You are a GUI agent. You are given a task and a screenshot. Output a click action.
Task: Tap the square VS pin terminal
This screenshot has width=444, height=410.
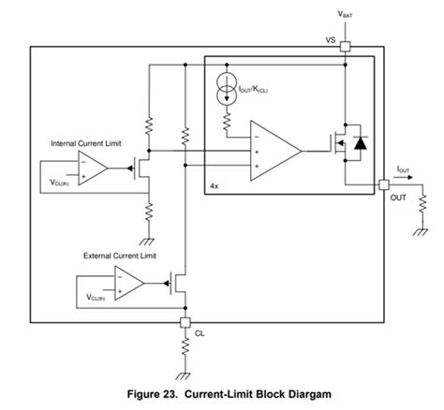point(346,46)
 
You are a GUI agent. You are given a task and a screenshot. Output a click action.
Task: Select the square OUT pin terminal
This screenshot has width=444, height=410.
point(384,184)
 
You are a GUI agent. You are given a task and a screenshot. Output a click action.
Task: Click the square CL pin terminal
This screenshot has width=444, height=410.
point(185,322)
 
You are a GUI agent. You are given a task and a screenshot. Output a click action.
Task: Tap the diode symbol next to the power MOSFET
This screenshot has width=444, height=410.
point(360,142)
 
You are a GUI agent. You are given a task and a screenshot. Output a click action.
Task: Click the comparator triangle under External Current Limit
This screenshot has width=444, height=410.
point(127,281)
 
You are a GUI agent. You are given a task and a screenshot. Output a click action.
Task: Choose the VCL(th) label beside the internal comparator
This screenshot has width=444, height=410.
point(61,185)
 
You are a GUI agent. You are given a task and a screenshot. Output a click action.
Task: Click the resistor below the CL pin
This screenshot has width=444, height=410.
point(185,348)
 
